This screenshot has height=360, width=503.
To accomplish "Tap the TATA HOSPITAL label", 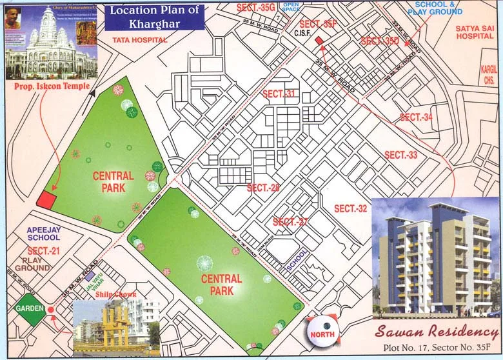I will (x=139, y=39).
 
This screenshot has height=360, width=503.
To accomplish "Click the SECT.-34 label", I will (x=416, y=117).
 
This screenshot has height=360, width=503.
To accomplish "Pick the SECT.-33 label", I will (x=401, y=155).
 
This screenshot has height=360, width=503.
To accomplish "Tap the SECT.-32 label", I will (x=350, y=208).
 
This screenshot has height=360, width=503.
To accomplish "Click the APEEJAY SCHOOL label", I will (x=43, y=234).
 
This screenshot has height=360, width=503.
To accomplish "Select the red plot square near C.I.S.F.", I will (x=319, y=41).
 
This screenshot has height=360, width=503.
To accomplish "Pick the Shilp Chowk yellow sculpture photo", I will (x=116, y=326).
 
